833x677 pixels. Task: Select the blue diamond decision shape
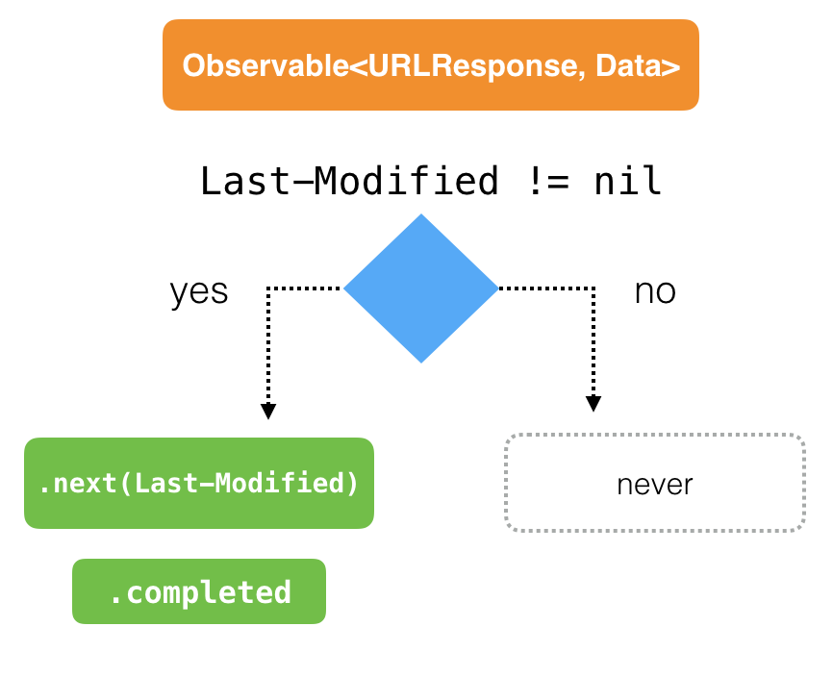[421, 288]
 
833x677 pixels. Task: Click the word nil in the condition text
[628, 180]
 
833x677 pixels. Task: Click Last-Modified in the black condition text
[349, 180]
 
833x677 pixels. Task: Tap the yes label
[199, 291]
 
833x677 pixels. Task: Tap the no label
[655, 291]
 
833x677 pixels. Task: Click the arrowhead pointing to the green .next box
[268, 412]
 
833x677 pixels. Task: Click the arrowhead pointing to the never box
[593, 404]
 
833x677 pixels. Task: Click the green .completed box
[199, 591]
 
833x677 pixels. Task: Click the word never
[654, 484]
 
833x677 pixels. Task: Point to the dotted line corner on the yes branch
[269, 288]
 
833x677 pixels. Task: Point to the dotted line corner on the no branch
[593, 288]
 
